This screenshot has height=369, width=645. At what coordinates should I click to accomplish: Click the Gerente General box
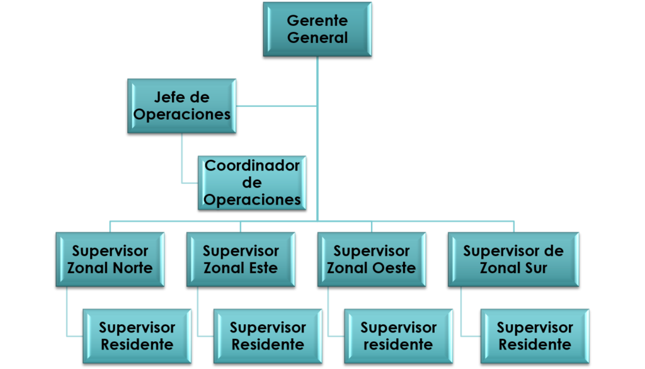[317, 29]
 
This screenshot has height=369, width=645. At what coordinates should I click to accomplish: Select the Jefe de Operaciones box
[181, 105]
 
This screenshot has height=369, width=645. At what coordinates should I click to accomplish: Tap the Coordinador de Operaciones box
[253, 183]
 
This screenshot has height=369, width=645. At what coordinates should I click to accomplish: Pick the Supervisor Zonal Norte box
[110, 259]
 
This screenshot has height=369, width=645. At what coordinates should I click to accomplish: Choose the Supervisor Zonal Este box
[241, 259]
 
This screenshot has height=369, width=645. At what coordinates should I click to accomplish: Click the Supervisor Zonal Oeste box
[372, 259]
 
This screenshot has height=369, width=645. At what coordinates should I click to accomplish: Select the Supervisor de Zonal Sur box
[513, 259]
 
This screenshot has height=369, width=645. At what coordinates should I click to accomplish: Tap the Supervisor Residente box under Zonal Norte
[137, 336]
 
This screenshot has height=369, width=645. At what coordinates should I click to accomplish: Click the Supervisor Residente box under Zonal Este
[268, 336]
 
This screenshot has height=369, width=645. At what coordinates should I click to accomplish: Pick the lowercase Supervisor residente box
[398, 336]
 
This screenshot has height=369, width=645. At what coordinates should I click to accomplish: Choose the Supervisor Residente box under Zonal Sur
[535, 336]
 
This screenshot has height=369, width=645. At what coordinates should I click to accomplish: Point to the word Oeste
[393, 268]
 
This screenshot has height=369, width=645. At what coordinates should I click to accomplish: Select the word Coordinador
[253, 166]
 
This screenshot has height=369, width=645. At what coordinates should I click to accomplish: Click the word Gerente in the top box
[317, 21]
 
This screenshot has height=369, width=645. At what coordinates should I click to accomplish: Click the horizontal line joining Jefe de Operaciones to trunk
[277, 105]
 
